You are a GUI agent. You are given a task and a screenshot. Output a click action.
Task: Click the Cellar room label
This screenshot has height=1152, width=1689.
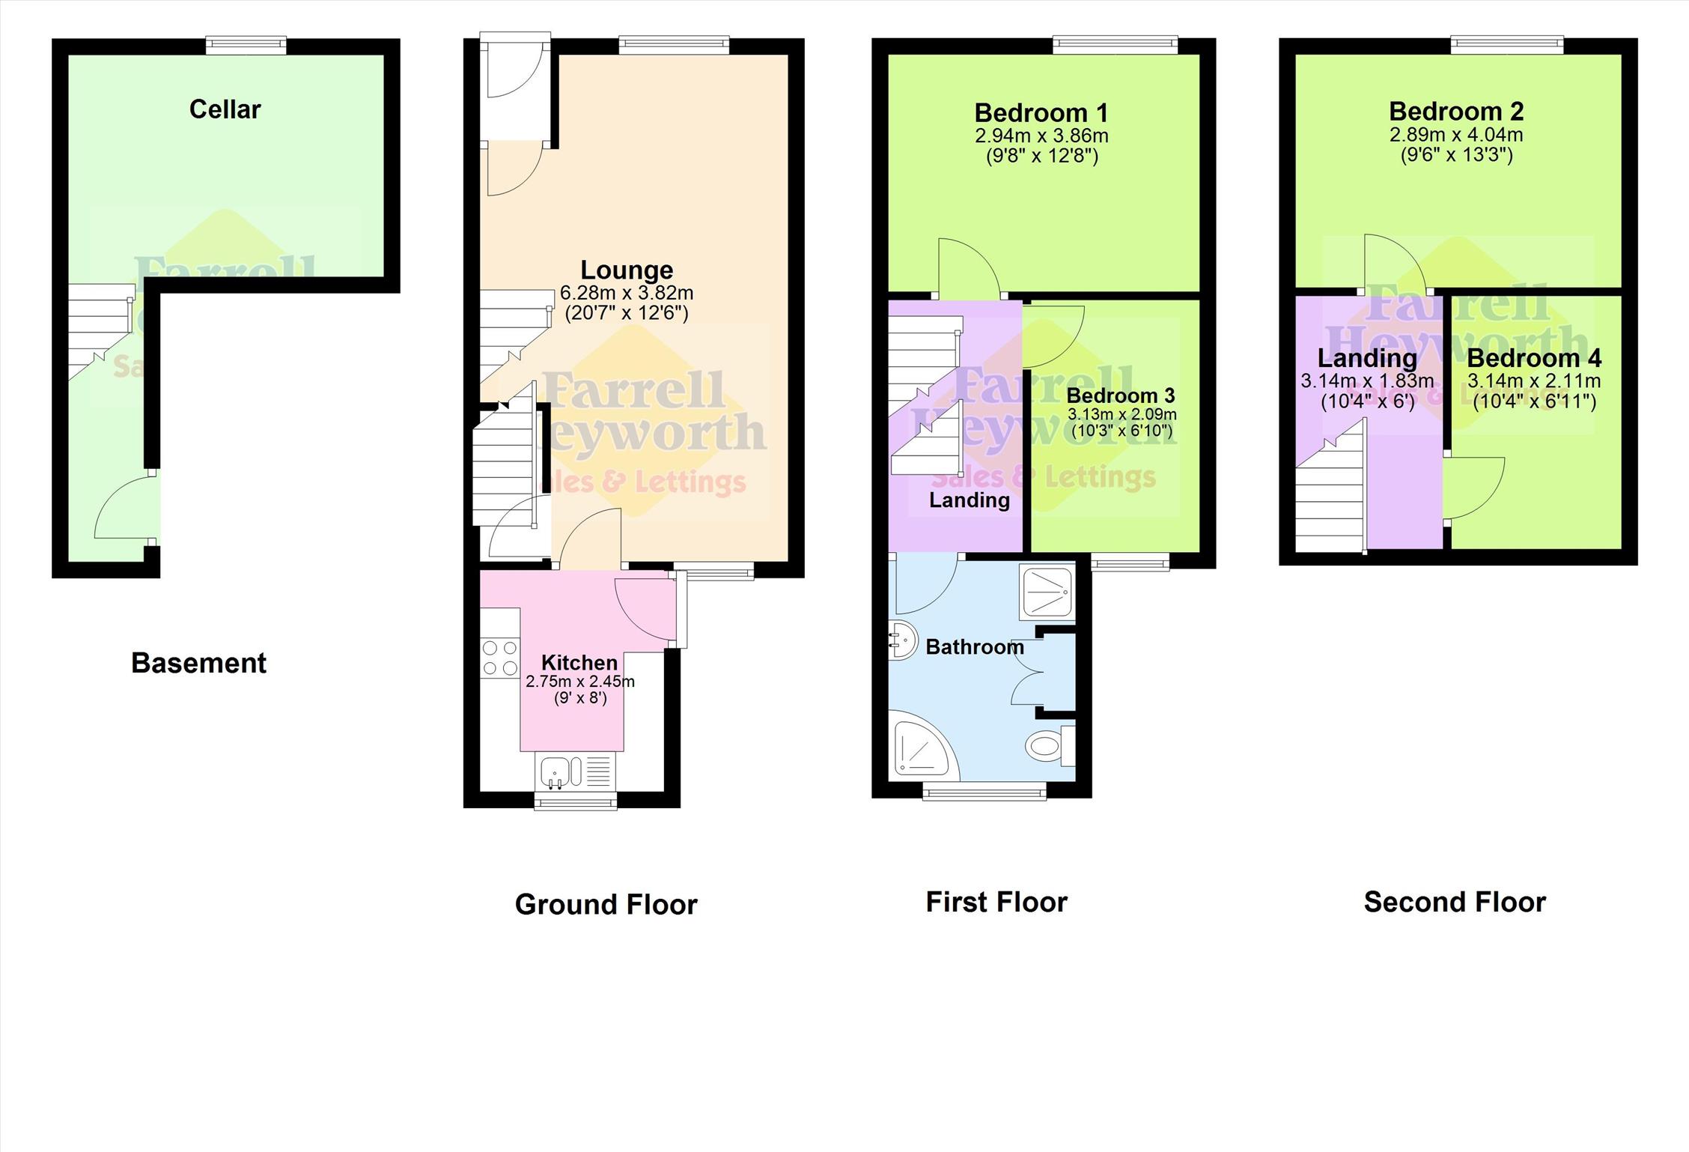tap(225, 109)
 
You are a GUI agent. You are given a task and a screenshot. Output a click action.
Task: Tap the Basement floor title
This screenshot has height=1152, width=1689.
tap(198, 663)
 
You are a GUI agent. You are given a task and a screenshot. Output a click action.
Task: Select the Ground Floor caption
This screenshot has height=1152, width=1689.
tap(606, 905)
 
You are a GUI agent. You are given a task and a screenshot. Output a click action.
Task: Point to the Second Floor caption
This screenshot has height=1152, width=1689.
tap(1455, 902)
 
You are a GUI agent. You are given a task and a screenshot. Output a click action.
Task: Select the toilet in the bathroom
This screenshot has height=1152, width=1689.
tap(1050, 745)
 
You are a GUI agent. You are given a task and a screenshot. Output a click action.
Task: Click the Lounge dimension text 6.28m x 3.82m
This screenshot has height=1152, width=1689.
tap(627, 293)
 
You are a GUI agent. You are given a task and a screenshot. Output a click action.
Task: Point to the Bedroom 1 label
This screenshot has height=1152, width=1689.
tap(1041, 113)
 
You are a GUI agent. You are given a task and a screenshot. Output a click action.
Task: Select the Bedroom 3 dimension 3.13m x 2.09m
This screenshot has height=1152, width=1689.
tap(1122, 414)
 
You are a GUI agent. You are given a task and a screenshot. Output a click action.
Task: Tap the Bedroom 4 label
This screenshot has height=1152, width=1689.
tap(1534, 358)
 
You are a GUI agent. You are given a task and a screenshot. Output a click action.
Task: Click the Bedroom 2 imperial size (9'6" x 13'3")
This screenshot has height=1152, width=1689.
tap(1456, 155)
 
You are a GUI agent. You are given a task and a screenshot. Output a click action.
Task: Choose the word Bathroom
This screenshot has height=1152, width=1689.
tap(975, 647)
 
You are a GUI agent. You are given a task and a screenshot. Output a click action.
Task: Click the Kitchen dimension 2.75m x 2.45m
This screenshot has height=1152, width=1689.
tap(580, 682)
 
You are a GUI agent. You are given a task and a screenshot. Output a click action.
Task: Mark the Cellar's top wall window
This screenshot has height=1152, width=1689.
tap(246, 46)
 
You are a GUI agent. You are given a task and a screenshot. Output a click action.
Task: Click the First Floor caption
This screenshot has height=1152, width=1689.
tap(996, 902)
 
